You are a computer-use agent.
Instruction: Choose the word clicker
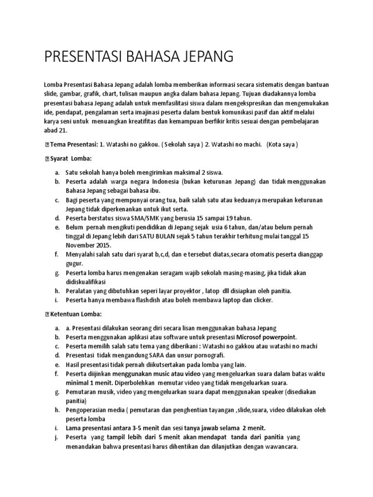[x=263, y=300]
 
